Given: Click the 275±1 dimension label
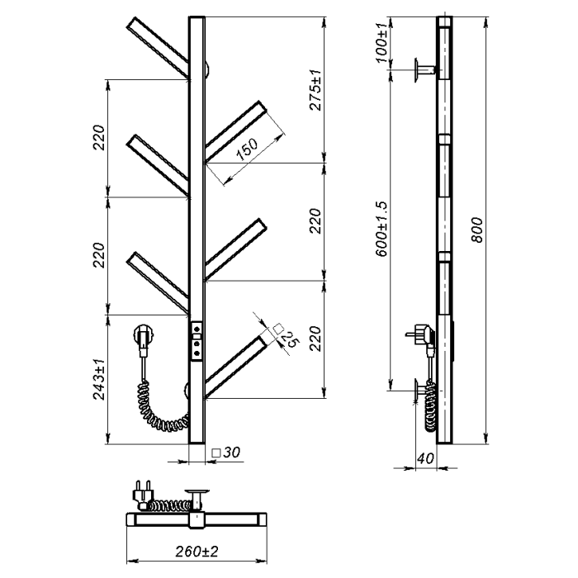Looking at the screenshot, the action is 316,90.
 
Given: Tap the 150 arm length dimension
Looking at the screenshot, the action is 248,149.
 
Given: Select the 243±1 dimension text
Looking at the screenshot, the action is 100,379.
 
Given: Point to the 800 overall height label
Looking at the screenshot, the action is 477,230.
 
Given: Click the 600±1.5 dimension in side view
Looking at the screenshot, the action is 381,229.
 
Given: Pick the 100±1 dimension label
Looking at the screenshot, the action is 382,43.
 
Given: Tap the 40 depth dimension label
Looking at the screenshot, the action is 425,458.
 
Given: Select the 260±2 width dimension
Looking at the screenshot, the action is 197,552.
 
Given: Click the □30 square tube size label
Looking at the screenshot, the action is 226,452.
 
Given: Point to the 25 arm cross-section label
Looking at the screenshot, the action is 290,339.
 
